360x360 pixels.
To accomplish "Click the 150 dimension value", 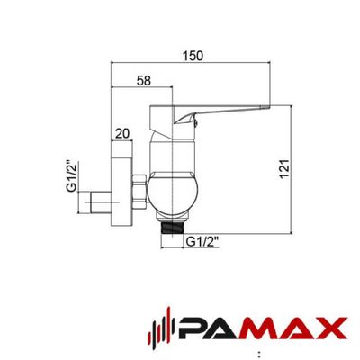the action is coord(193,56).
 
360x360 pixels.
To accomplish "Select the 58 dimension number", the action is coord(144,81).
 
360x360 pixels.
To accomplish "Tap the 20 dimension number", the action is coord(121,134).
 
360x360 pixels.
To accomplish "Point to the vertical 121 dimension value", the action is coord(284,169).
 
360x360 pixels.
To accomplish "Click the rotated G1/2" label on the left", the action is coord(71,176).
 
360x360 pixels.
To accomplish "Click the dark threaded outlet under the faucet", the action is coord(173,227).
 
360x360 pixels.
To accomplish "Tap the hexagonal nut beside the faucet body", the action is coord(139,191).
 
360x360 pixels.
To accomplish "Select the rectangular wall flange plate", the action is coord(121,184).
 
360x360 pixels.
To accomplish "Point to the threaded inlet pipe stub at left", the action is coord(94,202).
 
